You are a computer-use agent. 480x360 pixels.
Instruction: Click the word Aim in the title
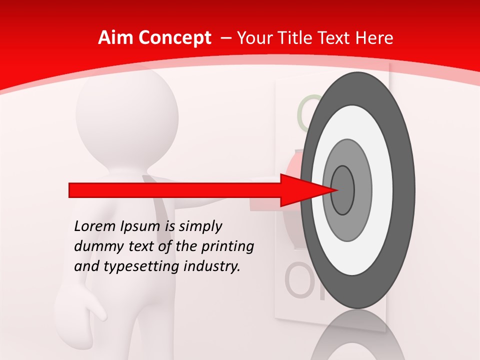point(115,38)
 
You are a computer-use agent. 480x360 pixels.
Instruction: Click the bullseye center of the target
point(343,190)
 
